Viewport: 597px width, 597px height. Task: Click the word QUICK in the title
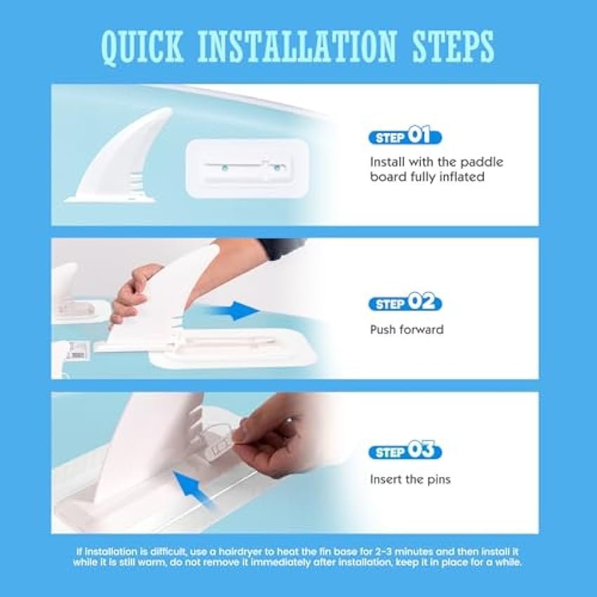143,47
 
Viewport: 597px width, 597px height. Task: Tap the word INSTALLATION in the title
297,46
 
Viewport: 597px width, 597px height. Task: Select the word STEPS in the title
453,46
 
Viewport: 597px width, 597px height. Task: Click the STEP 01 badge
405,136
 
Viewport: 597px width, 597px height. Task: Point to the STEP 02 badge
405,303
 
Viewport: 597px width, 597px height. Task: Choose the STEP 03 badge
405,451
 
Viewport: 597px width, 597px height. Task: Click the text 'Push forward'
407,329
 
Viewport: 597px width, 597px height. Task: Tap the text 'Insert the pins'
410,479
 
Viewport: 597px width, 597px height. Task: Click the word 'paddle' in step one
482,162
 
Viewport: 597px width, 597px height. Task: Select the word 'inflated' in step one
462,177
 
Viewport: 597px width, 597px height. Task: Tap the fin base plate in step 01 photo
247,169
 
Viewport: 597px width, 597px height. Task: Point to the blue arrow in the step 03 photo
194,490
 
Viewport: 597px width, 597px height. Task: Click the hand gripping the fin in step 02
133,294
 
